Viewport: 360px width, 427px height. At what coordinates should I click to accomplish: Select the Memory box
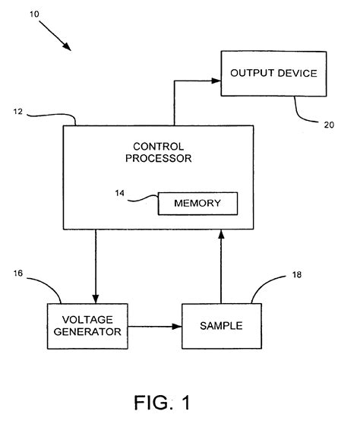pos(197,204)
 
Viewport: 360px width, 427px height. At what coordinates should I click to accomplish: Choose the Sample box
pos(220,326)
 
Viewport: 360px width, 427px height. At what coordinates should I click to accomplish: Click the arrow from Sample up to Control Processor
pos(222,266)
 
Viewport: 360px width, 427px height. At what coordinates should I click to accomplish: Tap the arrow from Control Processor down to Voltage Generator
pos(95,266)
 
